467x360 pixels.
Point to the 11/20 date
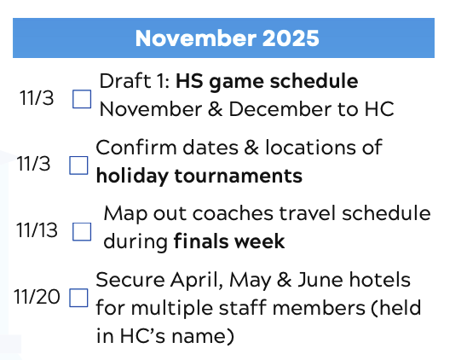(x=37, y=297)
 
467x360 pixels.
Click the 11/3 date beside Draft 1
(x=37, y=97)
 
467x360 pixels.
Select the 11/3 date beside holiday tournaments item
(x=35, y=163)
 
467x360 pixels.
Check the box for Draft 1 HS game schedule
(x=82, y=99)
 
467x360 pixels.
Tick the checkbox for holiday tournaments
(x=78, y=165)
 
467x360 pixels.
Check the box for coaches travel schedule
(x=82, y=230)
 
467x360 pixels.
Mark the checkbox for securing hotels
(x=78, y=299)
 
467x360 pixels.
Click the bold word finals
(x=202, y=241)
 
